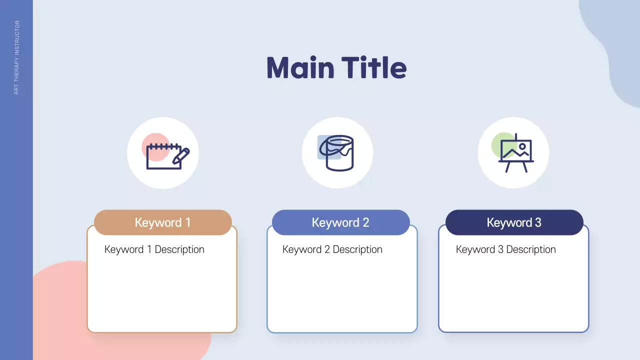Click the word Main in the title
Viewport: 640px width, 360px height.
299,67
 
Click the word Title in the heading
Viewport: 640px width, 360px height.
374,67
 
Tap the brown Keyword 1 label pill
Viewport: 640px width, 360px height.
162,222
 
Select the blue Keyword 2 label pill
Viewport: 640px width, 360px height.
340,222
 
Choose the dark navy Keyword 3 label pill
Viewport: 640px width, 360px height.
514,222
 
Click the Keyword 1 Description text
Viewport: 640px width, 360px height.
154,249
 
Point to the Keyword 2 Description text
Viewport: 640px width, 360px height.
332,249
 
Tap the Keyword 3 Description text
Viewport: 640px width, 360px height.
506,249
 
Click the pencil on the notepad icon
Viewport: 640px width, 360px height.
181,155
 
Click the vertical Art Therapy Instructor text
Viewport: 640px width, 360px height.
16,57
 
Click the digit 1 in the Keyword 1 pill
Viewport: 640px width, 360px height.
187,222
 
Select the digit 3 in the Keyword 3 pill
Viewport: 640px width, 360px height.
538,222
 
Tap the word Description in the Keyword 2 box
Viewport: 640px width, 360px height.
357,249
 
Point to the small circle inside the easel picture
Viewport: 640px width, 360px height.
522,146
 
